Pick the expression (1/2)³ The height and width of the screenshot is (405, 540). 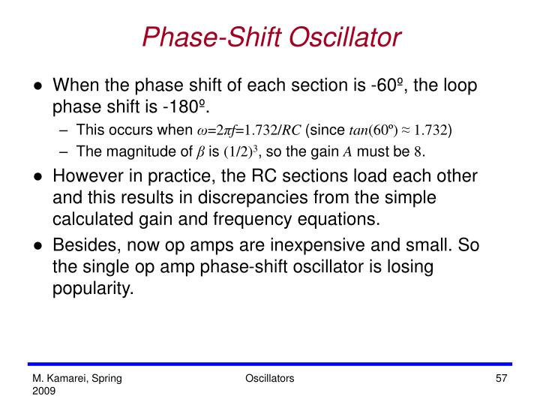241,151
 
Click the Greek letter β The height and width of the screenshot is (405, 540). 200,152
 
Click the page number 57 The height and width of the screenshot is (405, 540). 503,380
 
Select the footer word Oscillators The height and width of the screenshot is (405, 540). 269,380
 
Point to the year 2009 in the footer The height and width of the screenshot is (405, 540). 43,392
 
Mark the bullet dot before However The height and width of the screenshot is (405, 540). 37,178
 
